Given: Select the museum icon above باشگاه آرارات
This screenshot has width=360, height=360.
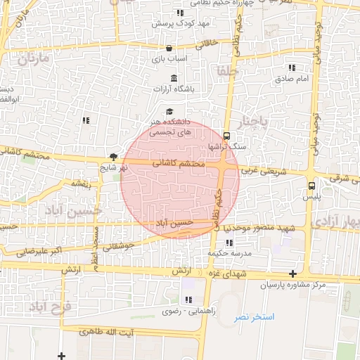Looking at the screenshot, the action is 174,77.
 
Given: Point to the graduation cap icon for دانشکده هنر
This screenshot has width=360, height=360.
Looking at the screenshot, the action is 169,111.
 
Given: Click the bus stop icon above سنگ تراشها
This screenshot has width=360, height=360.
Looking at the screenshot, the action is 226,136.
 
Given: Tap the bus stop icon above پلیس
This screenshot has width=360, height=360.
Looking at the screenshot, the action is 311,186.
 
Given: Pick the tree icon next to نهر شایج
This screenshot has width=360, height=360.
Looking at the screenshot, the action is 113,157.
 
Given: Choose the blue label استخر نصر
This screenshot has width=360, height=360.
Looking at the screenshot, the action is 255,317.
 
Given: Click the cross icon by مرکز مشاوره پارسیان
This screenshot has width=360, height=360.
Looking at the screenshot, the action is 292,274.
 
